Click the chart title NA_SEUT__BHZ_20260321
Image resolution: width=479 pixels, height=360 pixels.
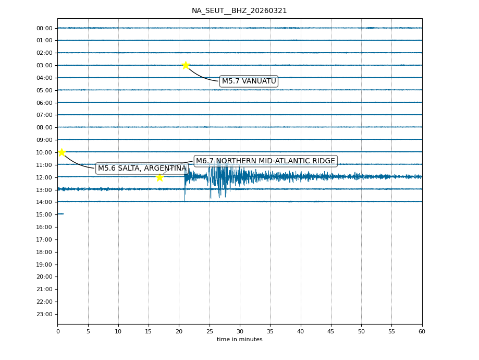239,11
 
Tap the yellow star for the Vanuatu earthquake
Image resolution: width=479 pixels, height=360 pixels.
186,65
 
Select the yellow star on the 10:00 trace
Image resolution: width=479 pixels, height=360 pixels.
62,152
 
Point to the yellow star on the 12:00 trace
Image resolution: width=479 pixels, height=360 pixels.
159,177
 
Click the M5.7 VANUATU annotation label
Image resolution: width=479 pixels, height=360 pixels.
249,81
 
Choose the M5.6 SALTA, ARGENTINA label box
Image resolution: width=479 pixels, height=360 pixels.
142,169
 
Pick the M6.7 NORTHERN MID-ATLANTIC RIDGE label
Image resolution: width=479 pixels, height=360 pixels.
265,161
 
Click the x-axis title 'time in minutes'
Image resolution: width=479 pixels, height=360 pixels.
239,340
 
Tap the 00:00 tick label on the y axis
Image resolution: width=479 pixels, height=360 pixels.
44,28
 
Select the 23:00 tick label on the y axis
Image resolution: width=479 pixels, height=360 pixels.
44,314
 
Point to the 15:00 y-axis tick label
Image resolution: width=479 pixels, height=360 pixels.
44,214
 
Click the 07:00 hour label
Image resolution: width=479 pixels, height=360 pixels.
44,115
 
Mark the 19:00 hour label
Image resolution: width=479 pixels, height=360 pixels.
44,265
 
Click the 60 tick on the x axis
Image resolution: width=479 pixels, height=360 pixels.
422,331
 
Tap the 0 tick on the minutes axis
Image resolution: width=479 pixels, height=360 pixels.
57,331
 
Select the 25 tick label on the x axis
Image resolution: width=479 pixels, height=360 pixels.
210,331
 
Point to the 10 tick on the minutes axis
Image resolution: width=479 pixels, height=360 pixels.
118,331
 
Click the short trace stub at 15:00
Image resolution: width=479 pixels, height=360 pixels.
60,214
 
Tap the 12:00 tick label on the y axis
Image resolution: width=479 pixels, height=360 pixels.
44,177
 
